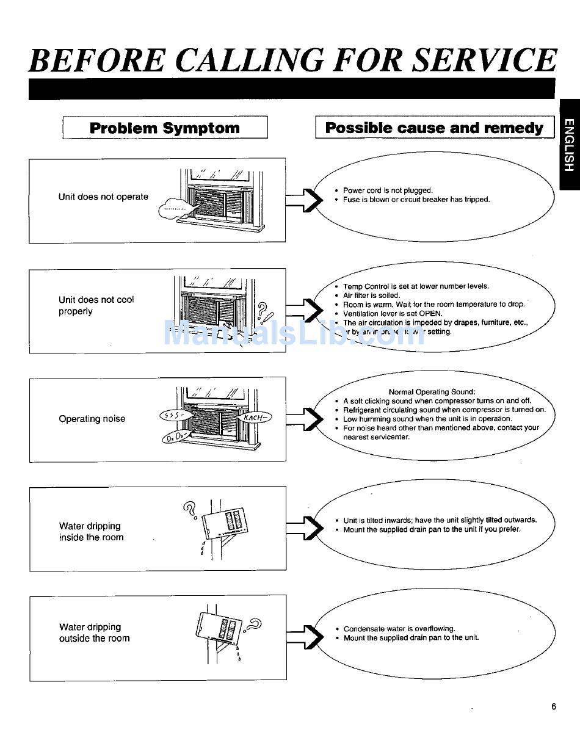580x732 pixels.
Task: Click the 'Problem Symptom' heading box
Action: click(x=165, y=128)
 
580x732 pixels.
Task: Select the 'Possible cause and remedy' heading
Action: click(x=434, y=128)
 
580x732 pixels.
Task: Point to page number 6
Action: click(x=554, y=707)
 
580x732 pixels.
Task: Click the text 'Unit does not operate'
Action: click(x=103, y=197)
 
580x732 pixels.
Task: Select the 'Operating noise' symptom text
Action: click(x=92, y=419)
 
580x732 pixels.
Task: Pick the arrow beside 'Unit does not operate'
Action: click(x=304, y=198)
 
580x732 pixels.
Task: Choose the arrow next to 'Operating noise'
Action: click(x=304, y=418)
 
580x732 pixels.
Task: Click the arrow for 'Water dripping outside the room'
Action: click(x=304, y=636)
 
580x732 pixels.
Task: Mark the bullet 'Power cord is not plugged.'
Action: click(x=388, y=190)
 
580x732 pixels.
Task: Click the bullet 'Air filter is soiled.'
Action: click(x=372, y=295)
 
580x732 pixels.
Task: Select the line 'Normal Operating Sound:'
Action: click(x=432, y=392)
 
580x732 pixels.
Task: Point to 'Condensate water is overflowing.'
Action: click(x=399, y=629)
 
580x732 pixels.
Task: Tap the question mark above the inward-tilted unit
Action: click(x=189, y=507)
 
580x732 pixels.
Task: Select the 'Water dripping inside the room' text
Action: click(x=91, y=532)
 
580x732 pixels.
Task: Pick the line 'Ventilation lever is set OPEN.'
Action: click(x=393, y=313)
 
